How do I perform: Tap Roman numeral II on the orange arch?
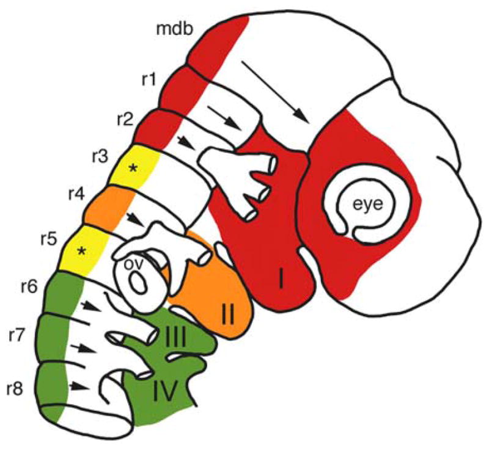pyautogui.click(x=229, y=315)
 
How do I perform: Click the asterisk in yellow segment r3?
pyautogui.click(x=133, y=167)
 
